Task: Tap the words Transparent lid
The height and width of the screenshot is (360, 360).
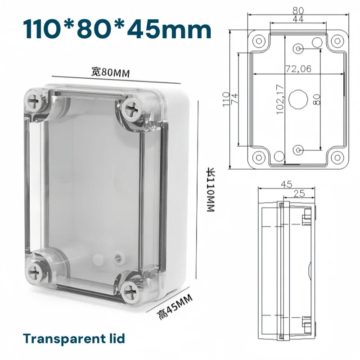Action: click(x=74, y=338)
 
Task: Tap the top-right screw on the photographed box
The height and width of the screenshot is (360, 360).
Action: click(x=131, y=108)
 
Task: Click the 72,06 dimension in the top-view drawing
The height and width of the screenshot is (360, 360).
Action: click(x=298, y=69)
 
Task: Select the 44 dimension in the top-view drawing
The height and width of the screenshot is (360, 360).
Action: click(x=298, y=19)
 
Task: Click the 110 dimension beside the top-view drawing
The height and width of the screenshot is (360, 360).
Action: click(x=226, y=99)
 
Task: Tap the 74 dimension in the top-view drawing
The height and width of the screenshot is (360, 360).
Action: click(x=234, y=99)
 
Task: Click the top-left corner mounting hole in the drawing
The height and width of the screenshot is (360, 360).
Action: click(x=259, y=41)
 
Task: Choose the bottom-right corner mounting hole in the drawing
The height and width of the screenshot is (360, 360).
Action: click(x=337, y=158)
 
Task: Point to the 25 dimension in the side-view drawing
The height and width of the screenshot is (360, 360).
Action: click(x=297, y=193)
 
